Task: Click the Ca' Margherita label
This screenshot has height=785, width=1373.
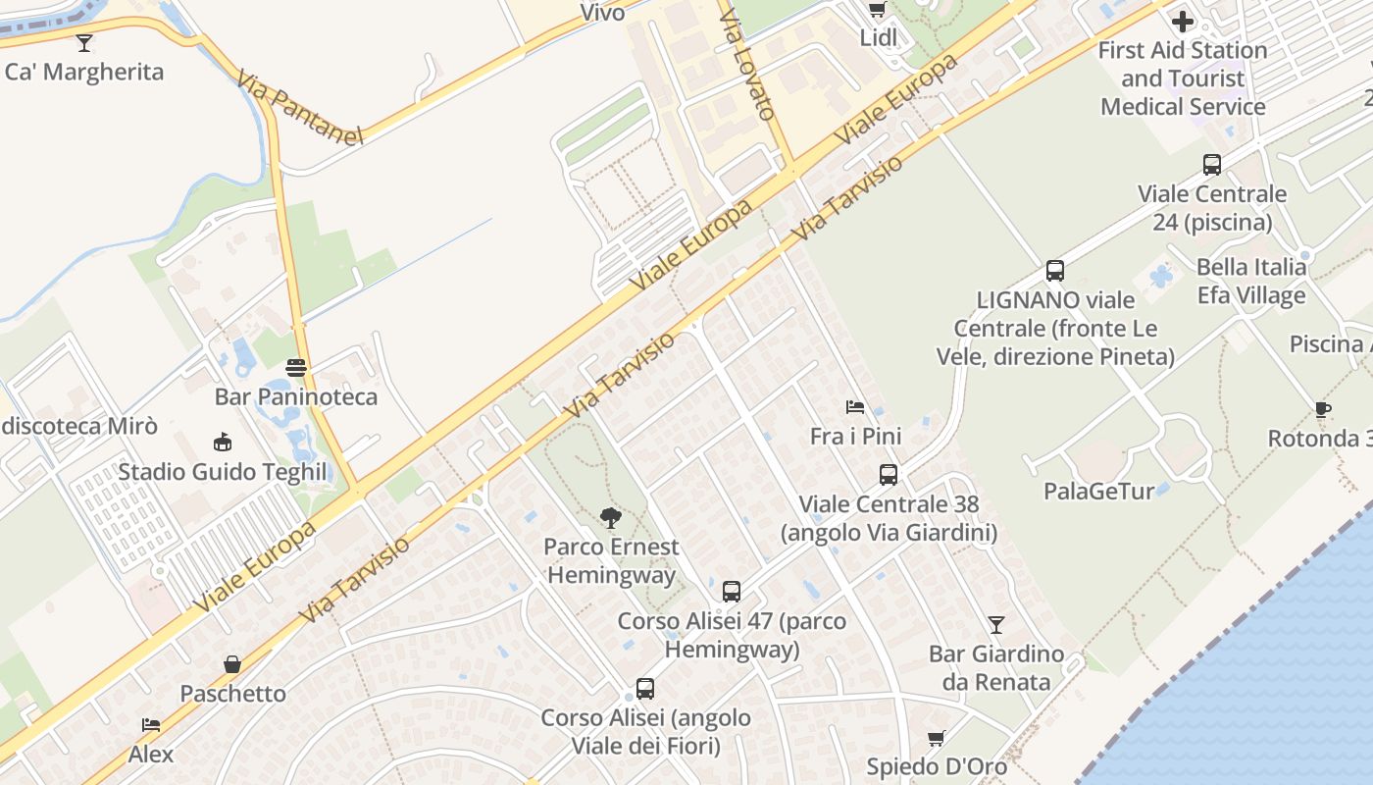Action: point(84,72)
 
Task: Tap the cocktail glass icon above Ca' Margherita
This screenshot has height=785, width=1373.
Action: point(84,42)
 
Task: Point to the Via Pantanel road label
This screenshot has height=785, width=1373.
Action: point(299,106)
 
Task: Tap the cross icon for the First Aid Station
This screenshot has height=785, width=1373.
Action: point(1183,21)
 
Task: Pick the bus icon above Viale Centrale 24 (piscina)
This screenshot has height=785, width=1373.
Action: point(1212,165)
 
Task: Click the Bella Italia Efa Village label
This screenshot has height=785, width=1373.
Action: point(1251,281)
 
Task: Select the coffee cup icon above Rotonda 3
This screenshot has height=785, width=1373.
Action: point(1322,409)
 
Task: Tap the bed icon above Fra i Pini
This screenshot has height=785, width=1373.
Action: point(855,407)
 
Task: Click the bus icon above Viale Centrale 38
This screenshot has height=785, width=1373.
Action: point(889,475)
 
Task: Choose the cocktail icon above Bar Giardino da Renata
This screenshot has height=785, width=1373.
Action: point(996,624)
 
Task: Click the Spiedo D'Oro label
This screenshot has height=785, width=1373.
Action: point(937,765)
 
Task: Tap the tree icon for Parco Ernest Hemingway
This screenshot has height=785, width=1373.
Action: point(611,517)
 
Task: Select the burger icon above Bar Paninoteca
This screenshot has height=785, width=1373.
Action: point(296,368)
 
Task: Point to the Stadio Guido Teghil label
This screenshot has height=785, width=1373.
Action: point(223,472)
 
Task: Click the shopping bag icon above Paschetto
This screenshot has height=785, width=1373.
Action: point(232,664)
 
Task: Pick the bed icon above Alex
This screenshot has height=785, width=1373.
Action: point(151,725)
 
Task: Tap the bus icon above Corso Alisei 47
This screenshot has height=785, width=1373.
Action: point(732,592)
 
